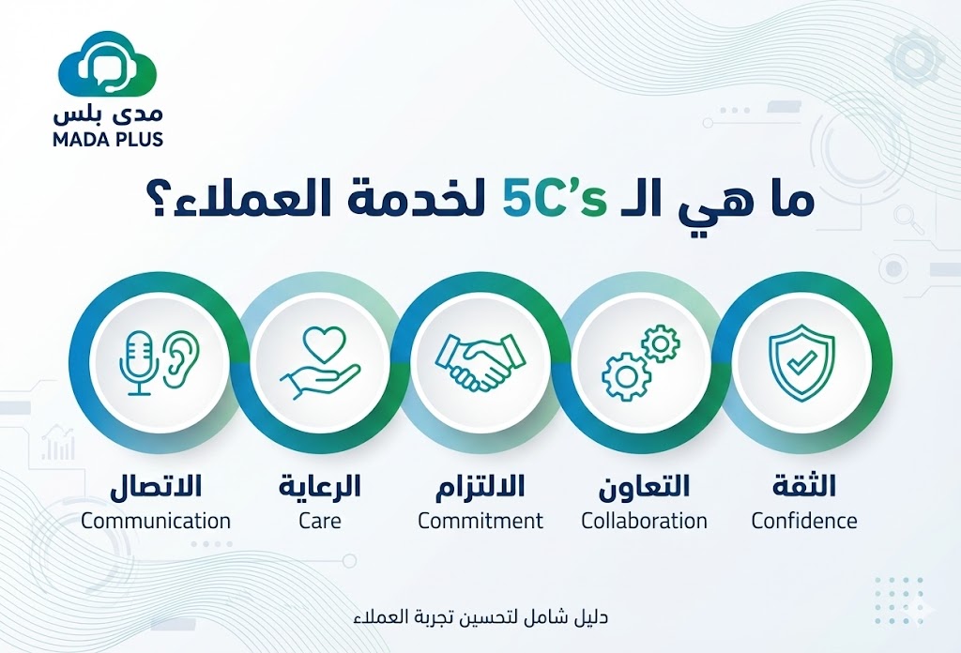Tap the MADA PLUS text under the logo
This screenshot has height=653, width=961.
coord(108,139)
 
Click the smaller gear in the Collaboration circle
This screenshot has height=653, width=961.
coord(661,344)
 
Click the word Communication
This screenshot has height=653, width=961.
coord(156,520)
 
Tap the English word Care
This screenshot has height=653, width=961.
coord(320,520)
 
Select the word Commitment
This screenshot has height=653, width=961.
coord(480,520)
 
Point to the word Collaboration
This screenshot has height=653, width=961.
coord(645,520)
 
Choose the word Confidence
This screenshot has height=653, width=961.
coord(804,520)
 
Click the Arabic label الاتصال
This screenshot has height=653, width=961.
coord(156,488)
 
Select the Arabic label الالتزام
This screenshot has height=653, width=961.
coord(480,488)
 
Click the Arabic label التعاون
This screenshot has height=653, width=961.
coord(645,488)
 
